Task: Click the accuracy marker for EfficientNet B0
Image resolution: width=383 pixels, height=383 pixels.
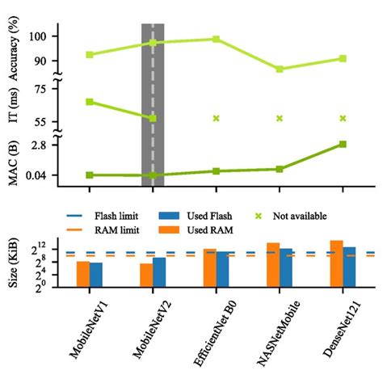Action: [x=216, y=39]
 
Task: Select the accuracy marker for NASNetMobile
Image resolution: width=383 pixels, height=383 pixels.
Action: [x=280, y=69]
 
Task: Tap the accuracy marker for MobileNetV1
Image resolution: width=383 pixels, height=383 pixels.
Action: [x=90, y=55]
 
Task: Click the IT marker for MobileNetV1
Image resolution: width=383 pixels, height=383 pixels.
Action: [x=90, y=102]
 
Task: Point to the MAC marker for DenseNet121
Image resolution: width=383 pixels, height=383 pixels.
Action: [x=343, y=144]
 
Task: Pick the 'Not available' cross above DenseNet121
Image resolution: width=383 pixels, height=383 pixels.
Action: [x=343, y=118]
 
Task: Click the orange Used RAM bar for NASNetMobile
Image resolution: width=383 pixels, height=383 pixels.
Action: [x=273, y=264]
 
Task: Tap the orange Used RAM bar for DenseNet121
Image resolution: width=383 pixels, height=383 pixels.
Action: [x=336, y=263]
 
